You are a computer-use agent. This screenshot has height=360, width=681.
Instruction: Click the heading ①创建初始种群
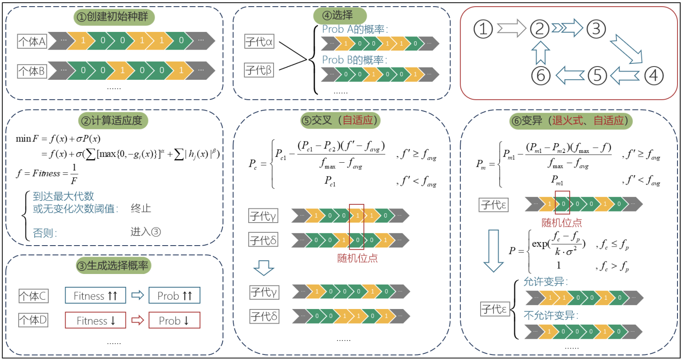coord(114,17)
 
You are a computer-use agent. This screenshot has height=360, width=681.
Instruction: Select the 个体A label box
coord(32,41)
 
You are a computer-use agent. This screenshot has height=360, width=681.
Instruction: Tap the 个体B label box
coord(32,71)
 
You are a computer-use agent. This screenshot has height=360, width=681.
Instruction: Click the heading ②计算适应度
coord(113,121)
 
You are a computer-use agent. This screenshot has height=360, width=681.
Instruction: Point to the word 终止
coord(141,208)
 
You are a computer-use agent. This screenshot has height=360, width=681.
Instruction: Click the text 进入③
coord(145,232)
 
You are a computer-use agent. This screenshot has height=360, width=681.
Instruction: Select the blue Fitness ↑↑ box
coord(95,295)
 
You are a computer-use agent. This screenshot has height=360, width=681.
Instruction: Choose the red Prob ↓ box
coord(175,320)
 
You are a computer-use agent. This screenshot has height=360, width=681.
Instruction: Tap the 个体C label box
coord(33,296)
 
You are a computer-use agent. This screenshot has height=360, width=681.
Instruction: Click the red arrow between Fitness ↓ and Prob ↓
coord(137,320)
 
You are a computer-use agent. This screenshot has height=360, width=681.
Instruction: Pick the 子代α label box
coord(259,41)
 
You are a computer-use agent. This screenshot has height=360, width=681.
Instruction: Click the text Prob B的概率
coord(355,60)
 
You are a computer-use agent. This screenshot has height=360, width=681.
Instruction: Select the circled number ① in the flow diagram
coord(483,29)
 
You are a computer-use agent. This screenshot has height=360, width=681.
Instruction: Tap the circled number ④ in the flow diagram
coord(654,76)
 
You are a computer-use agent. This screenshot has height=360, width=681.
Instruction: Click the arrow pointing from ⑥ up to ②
coord(540,53)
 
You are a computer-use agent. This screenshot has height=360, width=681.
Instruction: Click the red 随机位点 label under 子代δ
coord(357,258)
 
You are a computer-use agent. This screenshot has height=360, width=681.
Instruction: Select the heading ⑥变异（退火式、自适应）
coord(571,121)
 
